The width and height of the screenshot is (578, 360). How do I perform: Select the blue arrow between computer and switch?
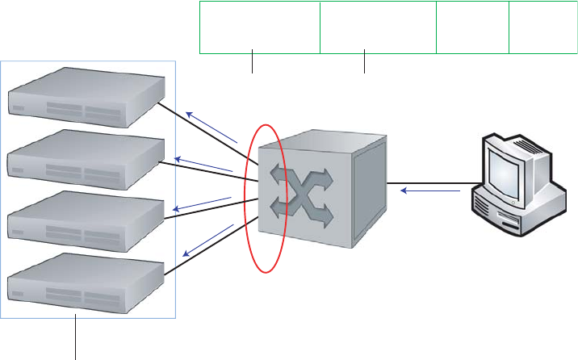432,191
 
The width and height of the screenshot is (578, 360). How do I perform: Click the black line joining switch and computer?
428,182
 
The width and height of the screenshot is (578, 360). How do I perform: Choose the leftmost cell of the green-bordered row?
259,27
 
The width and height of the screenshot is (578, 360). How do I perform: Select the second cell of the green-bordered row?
377,27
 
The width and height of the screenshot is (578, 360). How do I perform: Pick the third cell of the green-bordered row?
472,27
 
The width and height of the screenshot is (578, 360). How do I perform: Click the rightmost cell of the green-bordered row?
543,27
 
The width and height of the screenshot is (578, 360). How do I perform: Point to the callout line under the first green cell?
253,64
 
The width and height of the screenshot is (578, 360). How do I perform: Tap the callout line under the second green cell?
365,64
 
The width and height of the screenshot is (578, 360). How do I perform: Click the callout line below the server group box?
76,339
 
